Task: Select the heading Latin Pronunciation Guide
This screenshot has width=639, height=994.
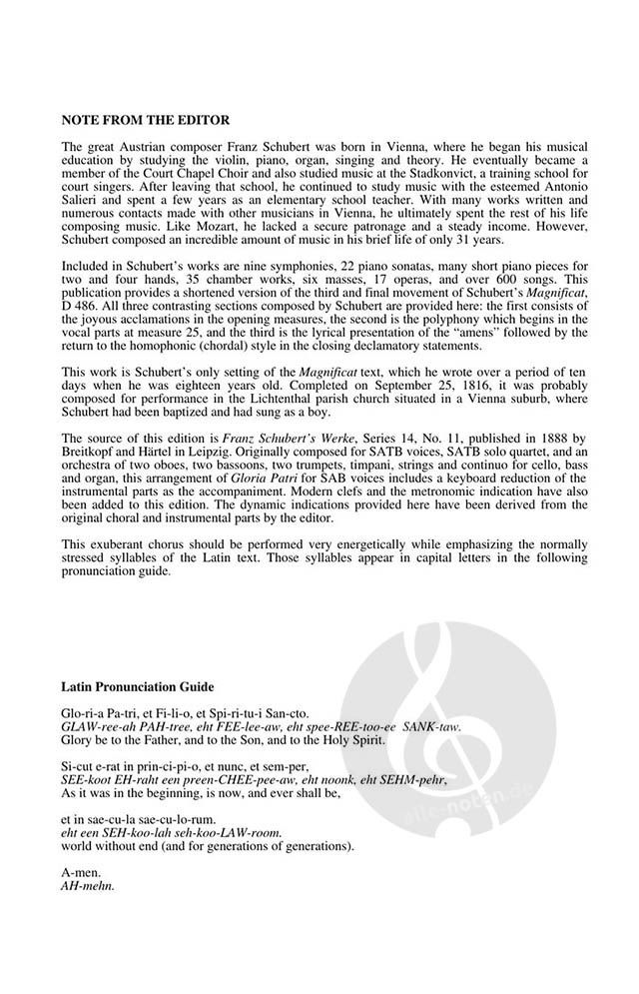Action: [137, 688]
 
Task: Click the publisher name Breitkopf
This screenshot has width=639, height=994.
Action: [92, 452]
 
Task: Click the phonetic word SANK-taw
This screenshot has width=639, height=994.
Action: [434, 728]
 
